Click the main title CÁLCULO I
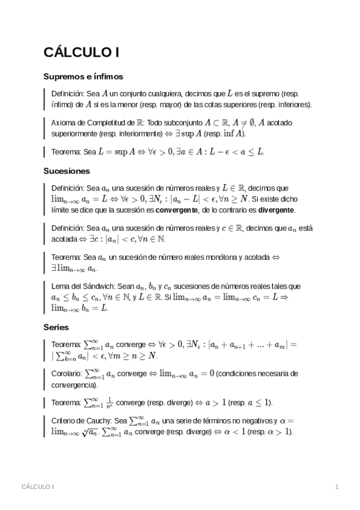(81, 53)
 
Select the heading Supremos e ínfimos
(84, 77)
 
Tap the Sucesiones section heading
(67, 171)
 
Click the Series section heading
(56, 328)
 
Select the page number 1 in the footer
(337, 486)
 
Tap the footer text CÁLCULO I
(38, 486)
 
